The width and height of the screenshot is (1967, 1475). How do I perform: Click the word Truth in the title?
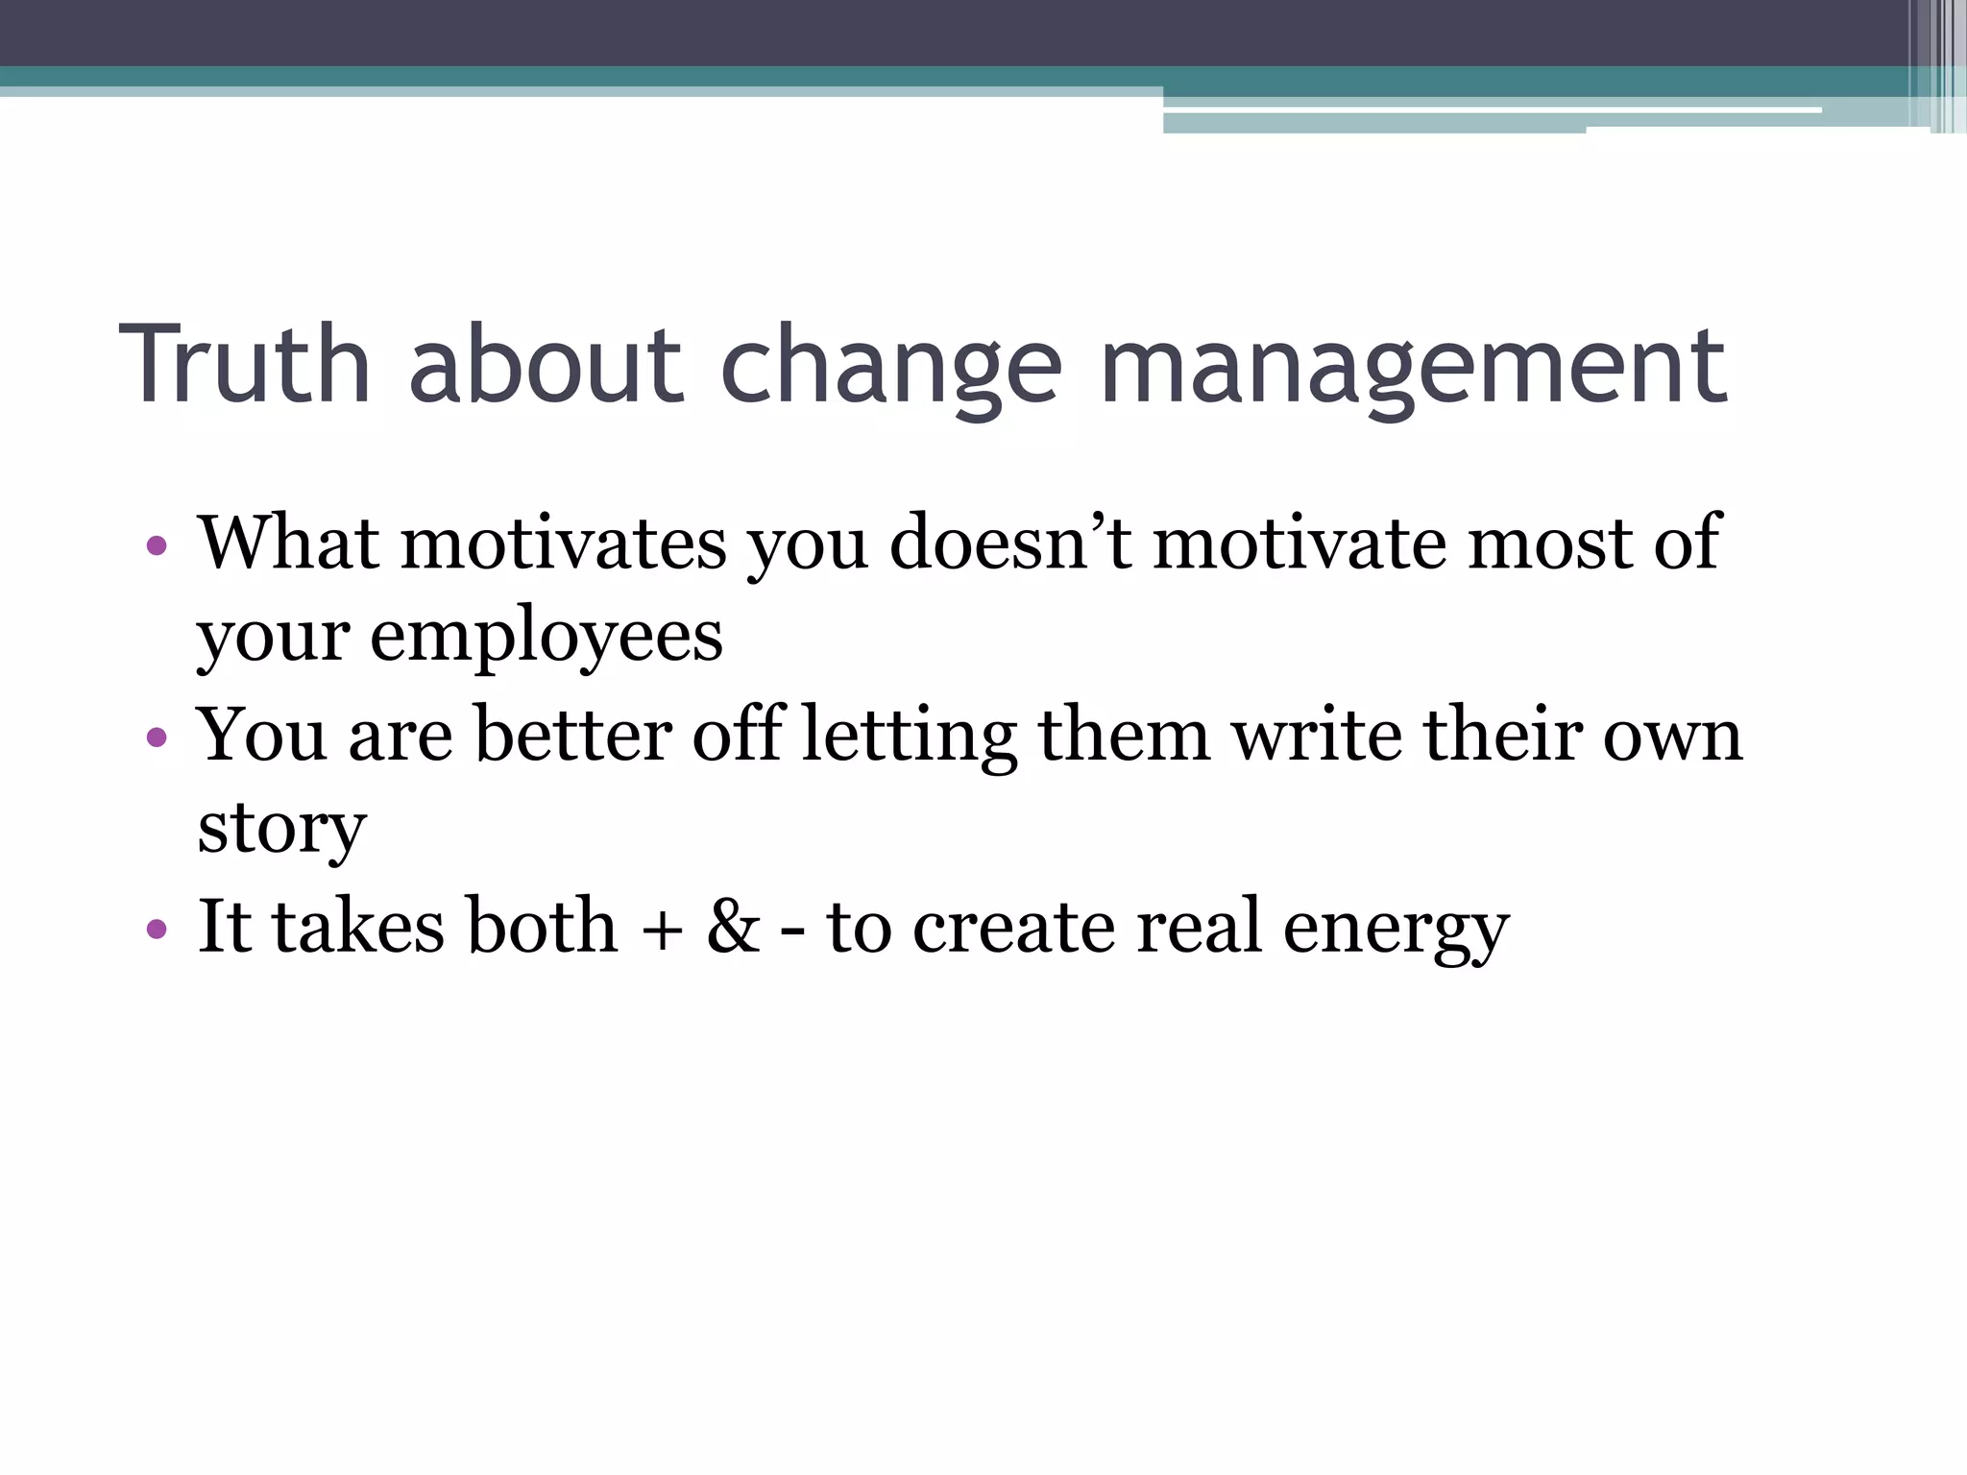pyautogui.click(x=245, y=365)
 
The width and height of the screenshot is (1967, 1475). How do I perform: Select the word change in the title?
pyautogui.click(x=890, y=368)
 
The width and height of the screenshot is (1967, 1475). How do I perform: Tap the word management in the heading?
pyautogui.click(x=1413, y=368)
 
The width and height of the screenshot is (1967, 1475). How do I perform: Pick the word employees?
pyautogui.click(x=546, y=637)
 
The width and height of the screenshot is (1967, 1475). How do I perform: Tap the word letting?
pyautogui.click(x=909, y=737)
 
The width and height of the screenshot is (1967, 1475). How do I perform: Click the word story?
pyautogui.click(x=281, y=829)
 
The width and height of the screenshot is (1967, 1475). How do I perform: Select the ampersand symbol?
pyautogui.click(x=733, y=927)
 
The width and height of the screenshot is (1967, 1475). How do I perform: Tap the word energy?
pyautogui.click(x=1396, y=929)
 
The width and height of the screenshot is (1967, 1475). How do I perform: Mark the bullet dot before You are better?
pyautogui.click(x=157, y=738)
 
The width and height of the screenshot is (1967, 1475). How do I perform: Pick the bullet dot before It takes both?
pyautogui.click(x=157, y=930)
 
